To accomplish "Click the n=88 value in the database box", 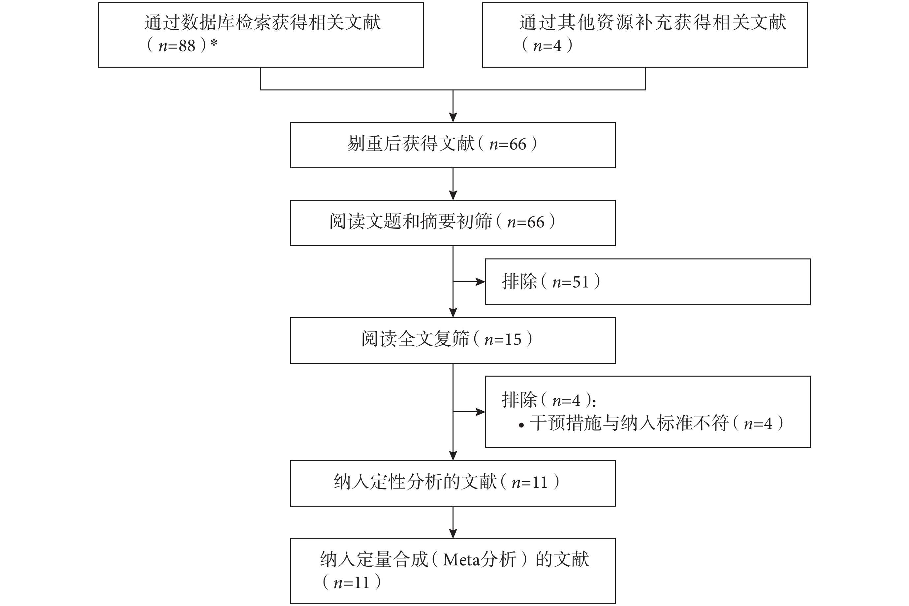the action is point(177,46).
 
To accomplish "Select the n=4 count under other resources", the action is point(547,46).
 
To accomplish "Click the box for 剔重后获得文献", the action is point(453,145).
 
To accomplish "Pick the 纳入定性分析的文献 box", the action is point(453,484).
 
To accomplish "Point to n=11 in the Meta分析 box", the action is point(351,583).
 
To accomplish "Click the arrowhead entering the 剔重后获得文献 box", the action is point(453,118).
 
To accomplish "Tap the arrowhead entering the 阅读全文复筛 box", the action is point(453,313).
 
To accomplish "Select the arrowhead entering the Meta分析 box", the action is point(453,534).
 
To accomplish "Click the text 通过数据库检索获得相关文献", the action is point(262,22).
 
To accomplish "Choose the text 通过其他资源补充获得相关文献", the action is point(653,22).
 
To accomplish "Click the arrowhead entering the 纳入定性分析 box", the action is point(453,456).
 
